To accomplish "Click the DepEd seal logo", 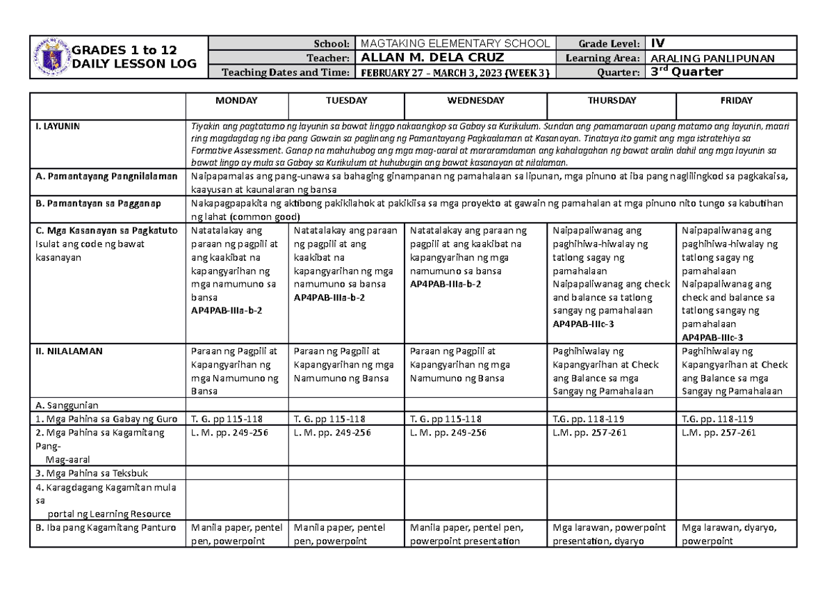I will tap(53, 58).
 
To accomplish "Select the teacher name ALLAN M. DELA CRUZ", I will tap(427, 58).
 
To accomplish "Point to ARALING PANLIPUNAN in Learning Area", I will tap(708, 58).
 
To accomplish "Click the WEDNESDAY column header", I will tap(477, 101).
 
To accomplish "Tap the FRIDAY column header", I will tap(736, 101).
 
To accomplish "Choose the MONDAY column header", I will tap(236, 101).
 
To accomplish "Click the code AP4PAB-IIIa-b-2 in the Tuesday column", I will tap(329, 297).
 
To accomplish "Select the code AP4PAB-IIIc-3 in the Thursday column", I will tap(582, 324).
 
